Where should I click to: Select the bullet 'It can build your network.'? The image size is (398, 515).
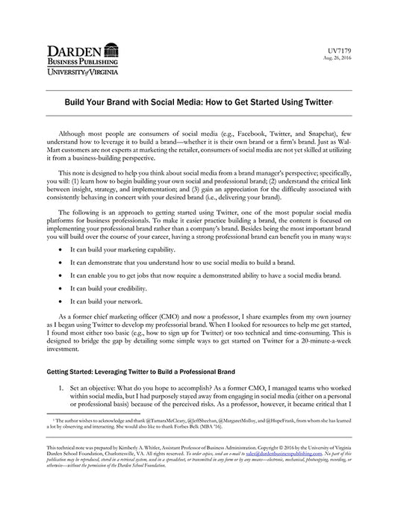point(106,302)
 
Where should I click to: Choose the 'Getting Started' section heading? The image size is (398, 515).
point(142,371)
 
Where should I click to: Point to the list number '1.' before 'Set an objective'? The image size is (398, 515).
point(63,390)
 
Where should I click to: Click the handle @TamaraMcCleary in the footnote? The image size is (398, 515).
point(170,422)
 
